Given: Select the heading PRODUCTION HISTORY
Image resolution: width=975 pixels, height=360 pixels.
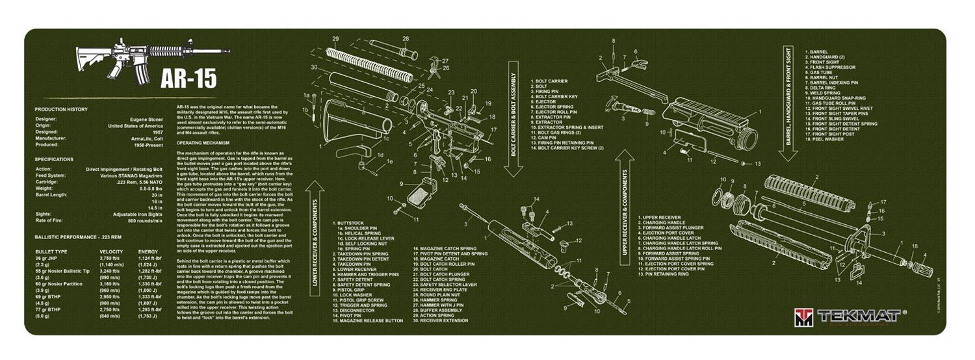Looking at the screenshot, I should click(61, 109).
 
